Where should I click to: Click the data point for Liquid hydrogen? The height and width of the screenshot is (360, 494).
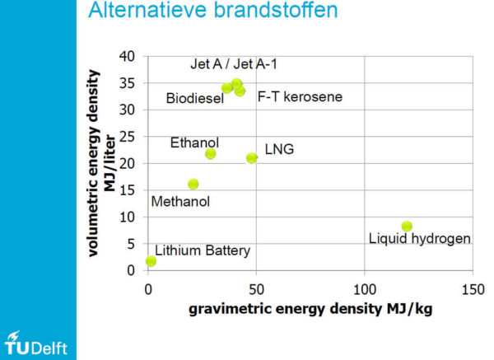tap(407, 226)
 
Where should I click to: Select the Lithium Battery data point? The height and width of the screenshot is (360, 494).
tap(151, 261)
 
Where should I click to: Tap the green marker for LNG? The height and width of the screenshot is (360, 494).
tap(251, 158)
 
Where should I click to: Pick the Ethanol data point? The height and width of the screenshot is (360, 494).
tap(210, 154)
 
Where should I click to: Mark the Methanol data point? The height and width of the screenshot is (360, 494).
tap(193, 184)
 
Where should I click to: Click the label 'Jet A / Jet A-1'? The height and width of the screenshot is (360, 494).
tap(234, 64)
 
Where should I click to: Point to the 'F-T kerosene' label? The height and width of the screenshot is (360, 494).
tap(300, 96)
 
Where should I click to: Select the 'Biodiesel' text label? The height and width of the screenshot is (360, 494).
tap(195, 98)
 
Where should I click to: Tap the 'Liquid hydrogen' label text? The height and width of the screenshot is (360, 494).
tap(420, 239)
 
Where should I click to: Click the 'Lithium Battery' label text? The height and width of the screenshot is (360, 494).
tap(203, 251)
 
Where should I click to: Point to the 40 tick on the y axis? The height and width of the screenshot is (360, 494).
tap(127, 56)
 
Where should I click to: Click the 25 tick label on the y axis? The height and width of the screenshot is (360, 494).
tap(127, 137)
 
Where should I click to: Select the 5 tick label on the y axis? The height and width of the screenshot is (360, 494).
tap(131, 244)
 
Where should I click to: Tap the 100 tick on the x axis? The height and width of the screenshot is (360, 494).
tap(365, 290)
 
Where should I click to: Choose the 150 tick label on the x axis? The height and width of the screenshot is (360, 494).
tap(473, 290)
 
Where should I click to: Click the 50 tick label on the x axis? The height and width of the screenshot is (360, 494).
tap(256, 290)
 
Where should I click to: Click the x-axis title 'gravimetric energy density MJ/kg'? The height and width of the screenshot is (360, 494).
tap(310, 309)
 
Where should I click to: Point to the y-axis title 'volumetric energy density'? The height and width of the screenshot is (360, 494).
tap(94, 163)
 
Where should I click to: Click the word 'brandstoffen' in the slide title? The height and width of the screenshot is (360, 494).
tap(276, 10)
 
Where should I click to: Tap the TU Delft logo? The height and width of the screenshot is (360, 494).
tap(35, 344)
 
